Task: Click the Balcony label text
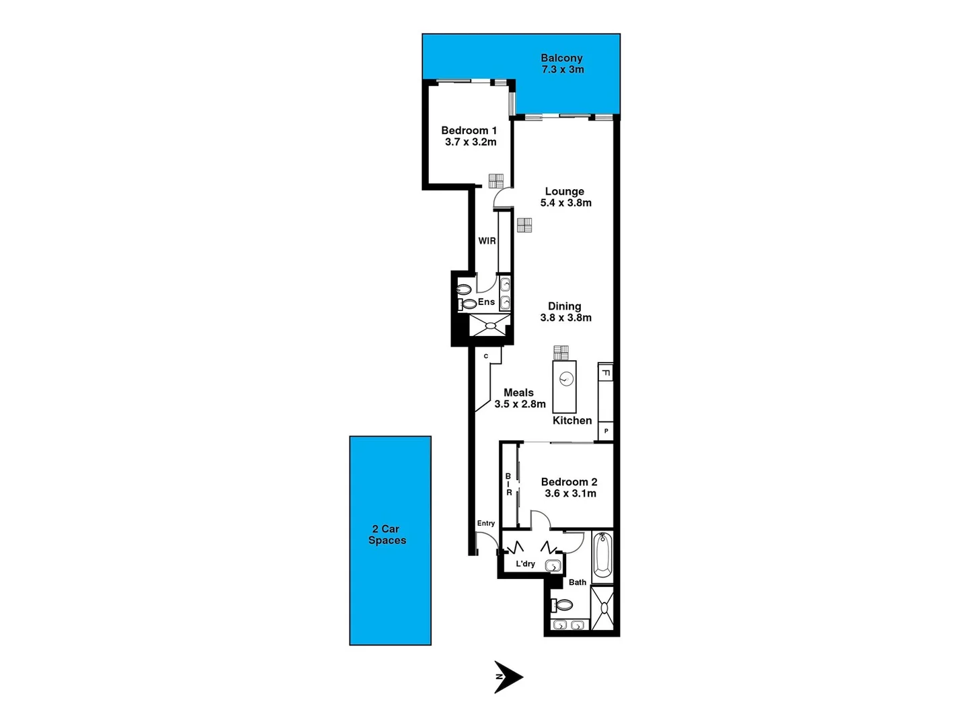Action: [561, 59]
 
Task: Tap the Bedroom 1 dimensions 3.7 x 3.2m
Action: [470, 142]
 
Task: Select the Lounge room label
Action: [564, 191]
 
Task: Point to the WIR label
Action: [487, 241]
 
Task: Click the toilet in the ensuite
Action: [464, 290]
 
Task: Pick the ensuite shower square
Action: [490, 325]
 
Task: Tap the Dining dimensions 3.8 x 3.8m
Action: [565, 318]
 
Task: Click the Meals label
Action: [518, 392]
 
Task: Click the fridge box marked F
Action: [606, 372]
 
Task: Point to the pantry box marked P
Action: [606, 431]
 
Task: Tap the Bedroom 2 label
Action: [569, 482]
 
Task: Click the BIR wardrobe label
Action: [509, 485]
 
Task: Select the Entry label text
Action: [485, 523]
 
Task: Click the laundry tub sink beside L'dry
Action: [553, 566]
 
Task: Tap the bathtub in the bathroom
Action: [602, 555]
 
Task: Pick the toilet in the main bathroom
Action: [561, 605]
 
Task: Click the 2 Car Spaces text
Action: [387, 534]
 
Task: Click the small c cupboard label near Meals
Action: [486, 356]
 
